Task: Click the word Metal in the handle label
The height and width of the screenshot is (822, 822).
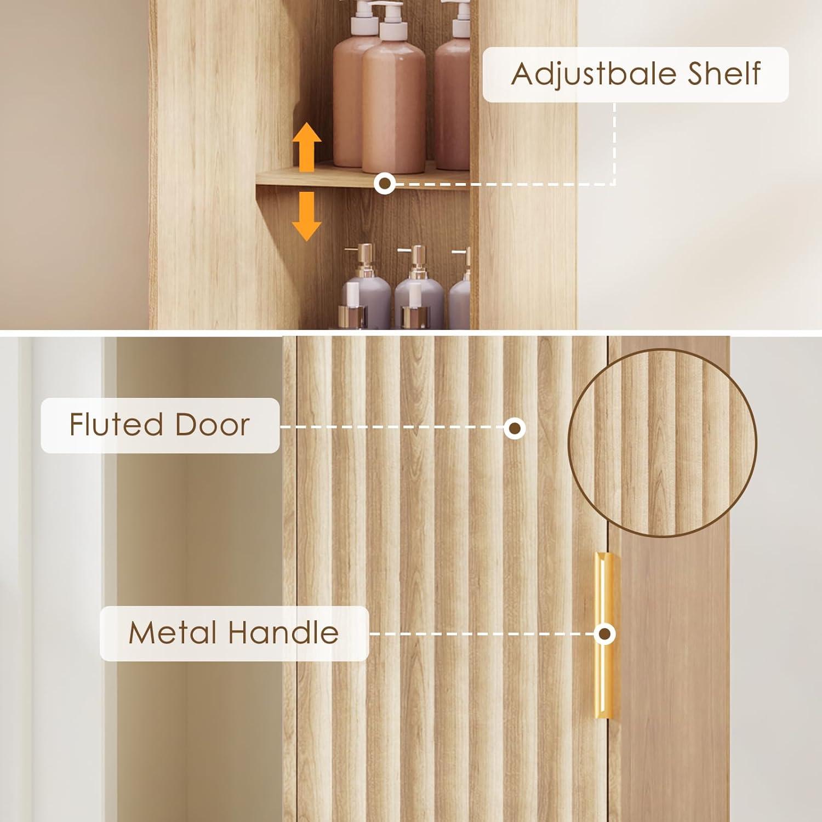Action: click(173, 633)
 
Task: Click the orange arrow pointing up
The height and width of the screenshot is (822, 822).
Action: click(306, 147)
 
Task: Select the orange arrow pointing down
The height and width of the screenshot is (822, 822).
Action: click(306, 216)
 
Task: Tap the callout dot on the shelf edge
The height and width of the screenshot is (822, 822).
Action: click(385, 183)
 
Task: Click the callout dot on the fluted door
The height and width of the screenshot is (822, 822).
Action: click(515, 428)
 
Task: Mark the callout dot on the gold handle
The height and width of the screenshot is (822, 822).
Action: click(604, 634)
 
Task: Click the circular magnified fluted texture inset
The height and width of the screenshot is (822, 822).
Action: click(663, 443)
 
